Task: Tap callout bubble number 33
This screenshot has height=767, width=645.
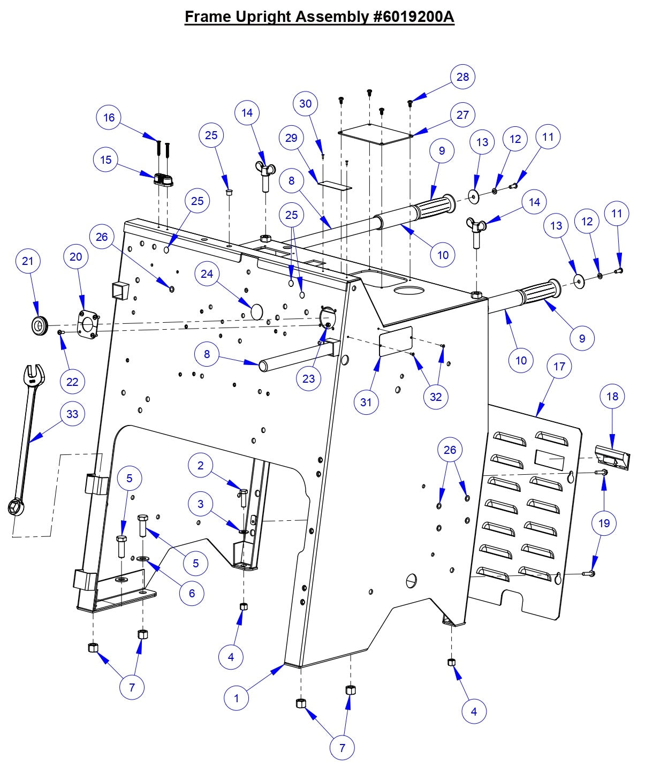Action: (x=72, y=414)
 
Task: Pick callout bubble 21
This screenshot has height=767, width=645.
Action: (x=28, y=261)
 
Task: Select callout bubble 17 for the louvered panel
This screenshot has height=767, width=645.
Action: (x=559, y=366)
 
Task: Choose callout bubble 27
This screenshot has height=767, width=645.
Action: (x=462, y=115)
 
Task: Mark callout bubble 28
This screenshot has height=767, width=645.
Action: (x=462, y=77)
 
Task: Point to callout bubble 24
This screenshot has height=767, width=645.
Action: (x=207, y=274)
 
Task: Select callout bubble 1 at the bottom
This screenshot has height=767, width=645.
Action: (x=237, y=697)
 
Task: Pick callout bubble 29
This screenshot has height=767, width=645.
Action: (x=291, y=138)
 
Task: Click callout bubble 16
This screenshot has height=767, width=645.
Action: (x=109, y=117)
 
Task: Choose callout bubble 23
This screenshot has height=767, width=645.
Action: (x=309, y=378)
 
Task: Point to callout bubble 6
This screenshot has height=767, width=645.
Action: (x=192, y=593)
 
